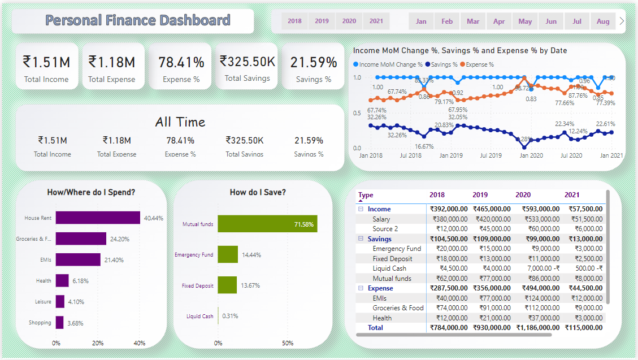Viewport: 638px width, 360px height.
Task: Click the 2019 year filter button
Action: (x=322, y=21)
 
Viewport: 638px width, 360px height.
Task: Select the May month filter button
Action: (x=525, y=21)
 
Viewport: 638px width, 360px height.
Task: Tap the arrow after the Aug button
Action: (x=622, y=21)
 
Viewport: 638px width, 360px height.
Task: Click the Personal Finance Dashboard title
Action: (x=138, y=21)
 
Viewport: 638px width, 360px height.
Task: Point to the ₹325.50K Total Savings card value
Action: (x=248, y=61)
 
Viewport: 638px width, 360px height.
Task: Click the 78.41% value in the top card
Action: (x=181, y=62)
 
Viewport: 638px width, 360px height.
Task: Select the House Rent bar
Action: (x=98, y=218)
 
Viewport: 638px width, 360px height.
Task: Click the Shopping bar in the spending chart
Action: (x=59, y=323)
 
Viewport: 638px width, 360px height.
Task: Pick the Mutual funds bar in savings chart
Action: (x=267, y=224)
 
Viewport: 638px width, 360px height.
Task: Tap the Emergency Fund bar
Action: (x=228, y=254)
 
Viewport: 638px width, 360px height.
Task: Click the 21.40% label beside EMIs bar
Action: (x=114, y=260)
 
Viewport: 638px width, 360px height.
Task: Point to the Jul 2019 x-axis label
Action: (x=491, y=155)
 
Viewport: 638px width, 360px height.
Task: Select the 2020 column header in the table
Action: (x=523, y=195)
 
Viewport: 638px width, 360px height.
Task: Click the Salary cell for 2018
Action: (x=450, y=219)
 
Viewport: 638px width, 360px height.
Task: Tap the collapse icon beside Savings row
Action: (x=360, y=239)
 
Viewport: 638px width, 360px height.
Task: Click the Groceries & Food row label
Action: (x=398, y=308)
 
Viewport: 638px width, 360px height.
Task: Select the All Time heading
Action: (x=180, y=122)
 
